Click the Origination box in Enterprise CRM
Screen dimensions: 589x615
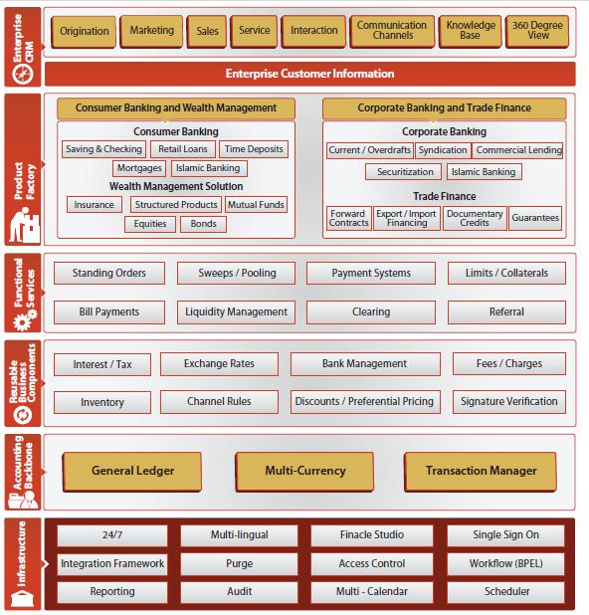(84, 32)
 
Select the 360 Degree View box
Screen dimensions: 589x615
(537, 31)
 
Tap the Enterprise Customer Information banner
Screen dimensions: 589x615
(309, 74)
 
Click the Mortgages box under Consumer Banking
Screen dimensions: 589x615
(139, 168)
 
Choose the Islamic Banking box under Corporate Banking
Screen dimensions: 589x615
(484, 172)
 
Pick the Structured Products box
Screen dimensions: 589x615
(176, 205)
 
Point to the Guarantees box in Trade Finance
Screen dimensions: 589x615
(535, 218)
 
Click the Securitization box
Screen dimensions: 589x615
(404, 172)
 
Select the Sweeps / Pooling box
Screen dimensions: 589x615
(236, 274)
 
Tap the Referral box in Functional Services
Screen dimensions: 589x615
(506, 312)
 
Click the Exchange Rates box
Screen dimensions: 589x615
(219, 364)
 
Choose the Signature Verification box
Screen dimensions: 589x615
(509, 402)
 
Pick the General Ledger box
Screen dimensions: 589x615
(132, 472)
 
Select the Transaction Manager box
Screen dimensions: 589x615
(481, 472)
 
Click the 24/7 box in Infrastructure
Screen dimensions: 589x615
(112, 535)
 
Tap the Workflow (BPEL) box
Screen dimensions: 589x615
(505, 564)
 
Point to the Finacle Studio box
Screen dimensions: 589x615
(372, 535)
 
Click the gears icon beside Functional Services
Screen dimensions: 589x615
(25, 319)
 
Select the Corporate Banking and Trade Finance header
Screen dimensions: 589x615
(445, 108)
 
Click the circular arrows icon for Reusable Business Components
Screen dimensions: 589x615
(23, 415)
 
